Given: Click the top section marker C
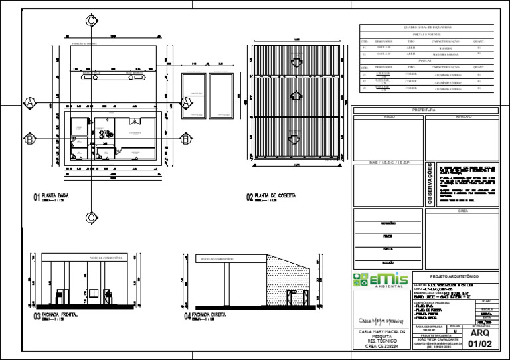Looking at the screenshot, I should click(x=90, y=21).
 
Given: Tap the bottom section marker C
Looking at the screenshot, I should click(x=90, y=217).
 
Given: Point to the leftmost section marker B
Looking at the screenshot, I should click(x=29, y=139).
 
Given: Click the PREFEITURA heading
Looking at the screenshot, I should click(x=424, y=110).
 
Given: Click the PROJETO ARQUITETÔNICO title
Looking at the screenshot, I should click(x=454, y=276).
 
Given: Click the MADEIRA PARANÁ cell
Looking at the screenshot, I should click(x=440, y=54).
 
